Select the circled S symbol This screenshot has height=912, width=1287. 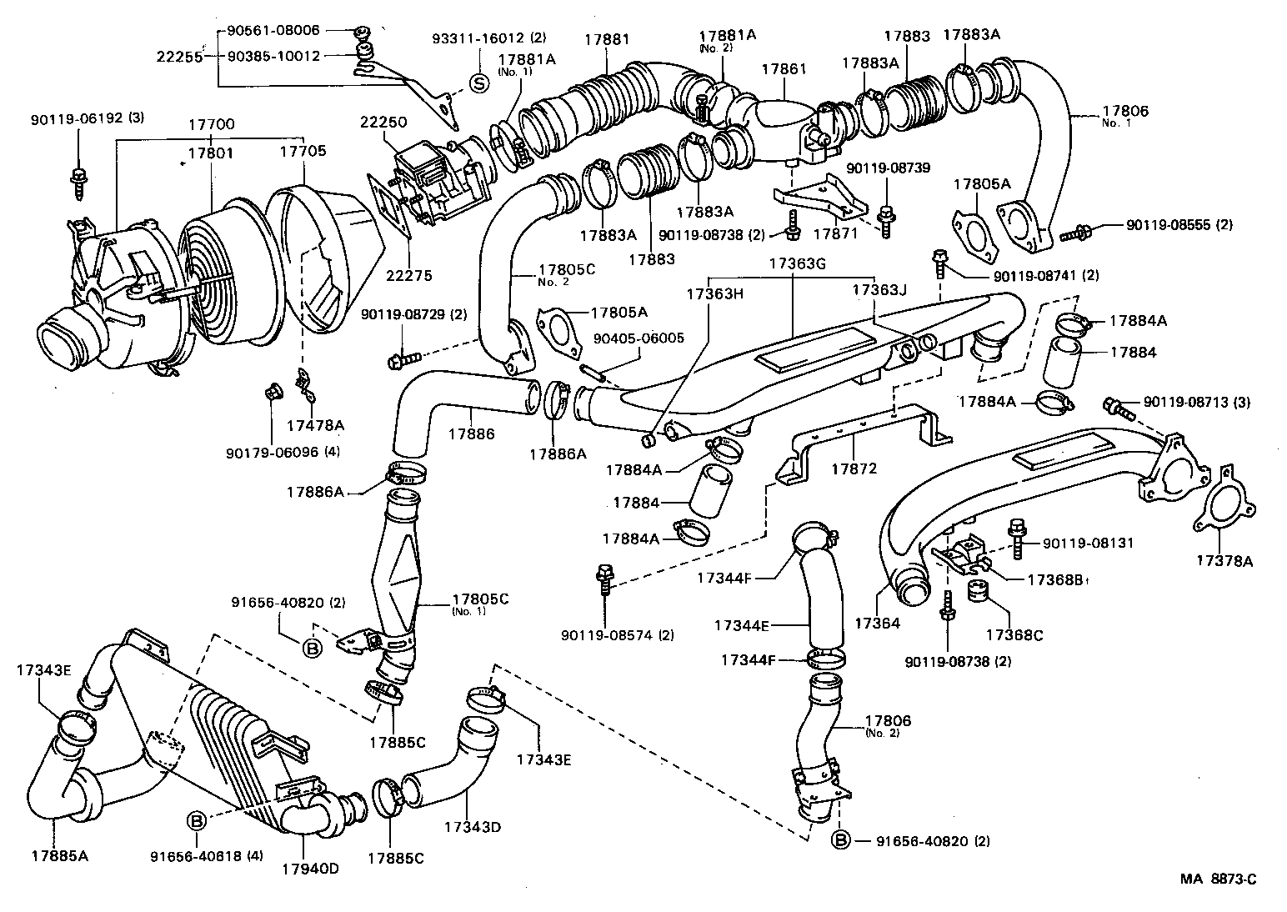(x=479, y=83)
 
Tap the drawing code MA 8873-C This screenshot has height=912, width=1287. (x=1218, y=879)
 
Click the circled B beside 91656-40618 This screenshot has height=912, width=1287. (x=196, y=821)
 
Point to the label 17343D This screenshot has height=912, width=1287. (x=472, y=827)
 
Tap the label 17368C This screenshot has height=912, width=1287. (x=1014, y=634)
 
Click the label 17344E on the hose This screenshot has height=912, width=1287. (x=742, y=624)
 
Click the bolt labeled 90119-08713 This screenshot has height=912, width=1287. (x=1115, y=407)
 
